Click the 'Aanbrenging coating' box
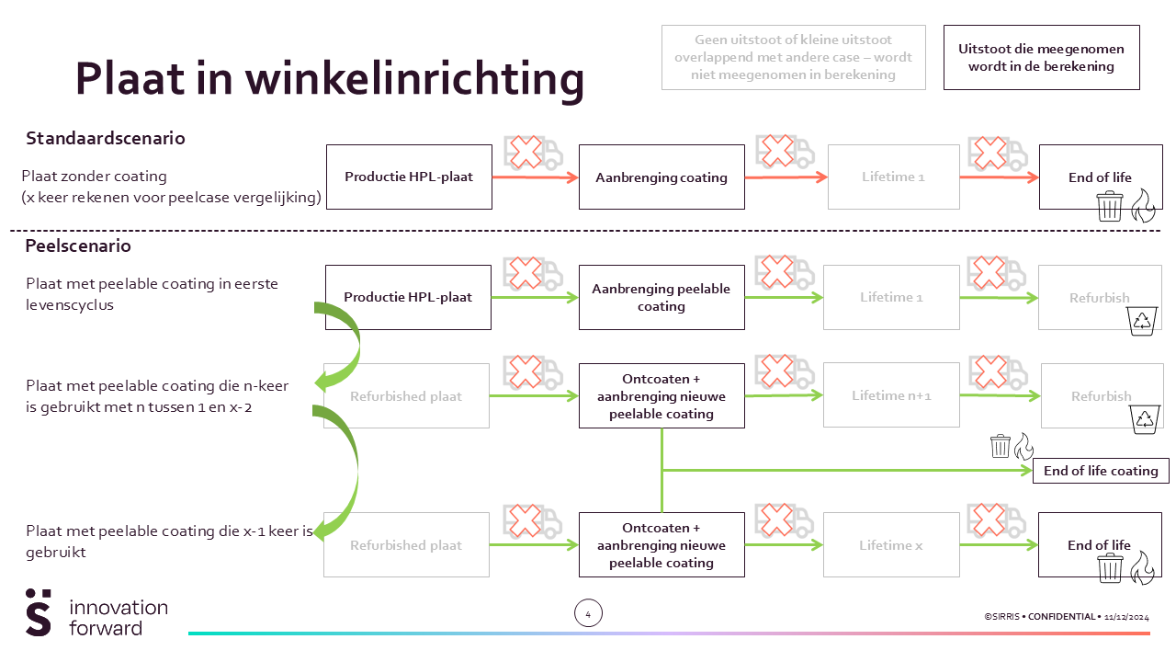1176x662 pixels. tap(661, 177)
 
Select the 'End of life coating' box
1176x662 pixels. tap(1101, 471)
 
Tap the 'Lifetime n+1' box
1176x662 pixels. tap(891, 395)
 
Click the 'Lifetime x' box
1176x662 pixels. tap(891, 545)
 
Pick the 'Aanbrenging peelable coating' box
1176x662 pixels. tap(661, 297)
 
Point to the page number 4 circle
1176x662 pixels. tap(588, 613)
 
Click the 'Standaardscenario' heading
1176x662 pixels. tap(106, 138)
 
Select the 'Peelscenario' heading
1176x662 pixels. tap(78, 245)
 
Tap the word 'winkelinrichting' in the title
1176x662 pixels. tap(414, 79)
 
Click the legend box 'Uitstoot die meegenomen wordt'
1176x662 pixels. tap(1042, 57)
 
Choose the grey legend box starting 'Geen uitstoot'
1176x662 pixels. tap(793, 57)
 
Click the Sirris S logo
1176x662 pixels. tap(39, 612)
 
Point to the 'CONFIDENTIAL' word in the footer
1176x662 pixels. tap(1061, 617)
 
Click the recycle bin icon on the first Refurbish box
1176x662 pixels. tap(1142, 321)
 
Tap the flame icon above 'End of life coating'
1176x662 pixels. tap(1023, 446)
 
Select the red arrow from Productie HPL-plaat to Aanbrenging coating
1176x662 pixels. tap(536, 177)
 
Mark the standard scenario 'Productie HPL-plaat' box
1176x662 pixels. tap(409, 177)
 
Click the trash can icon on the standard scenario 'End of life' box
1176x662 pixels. tap(1110, 207)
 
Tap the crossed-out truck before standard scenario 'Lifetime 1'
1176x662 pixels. tap(786, 152)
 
